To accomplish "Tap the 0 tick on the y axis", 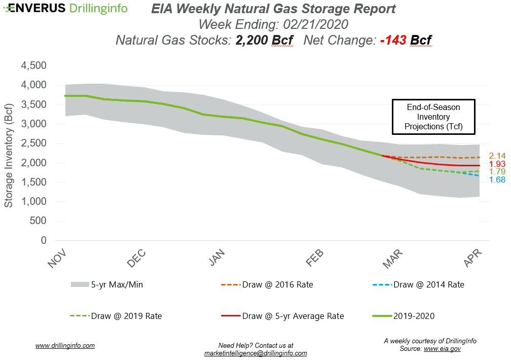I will tap(44, 240).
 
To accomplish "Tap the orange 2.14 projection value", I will tap(497, 156).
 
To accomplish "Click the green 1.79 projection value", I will tap(497, 172).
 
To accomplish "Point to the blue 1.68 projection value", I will tap(497, 180).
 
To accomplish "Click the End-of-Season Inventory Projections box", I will tap(433, 116).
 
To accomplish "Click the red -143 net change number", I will tap(393, 40).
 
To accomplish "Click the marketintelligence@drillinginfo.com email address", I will tap(255, 353).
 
